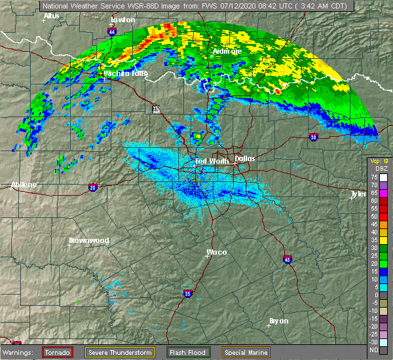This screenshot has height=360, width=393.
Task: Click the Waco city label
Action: point(217,252)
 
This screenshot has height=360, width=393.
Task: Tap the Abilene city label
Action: point(24,185)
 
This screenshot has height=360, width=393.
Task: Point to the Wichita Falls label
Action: point(126,73)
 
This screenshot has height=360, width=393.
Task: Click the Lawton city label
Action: point(122,20)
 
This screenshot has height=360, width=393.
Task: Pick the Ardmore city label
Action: point(227,50)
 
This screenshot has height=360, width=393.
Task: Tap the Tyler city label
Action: point(358,194)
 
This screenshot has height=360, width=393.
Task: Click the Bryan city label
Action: point(279,320)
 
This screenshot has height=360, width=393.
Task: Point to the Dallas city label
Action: point(245,158)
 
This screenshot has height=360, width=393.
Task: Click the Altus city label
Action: point(51,15)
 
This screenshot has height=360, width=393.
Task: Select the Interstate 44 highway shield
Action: point(113,31)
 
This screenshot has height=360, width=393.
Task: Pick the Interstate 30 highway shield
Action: point(313,137)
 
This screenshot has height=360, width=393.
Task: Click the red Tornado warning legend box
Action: point(58,352)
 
